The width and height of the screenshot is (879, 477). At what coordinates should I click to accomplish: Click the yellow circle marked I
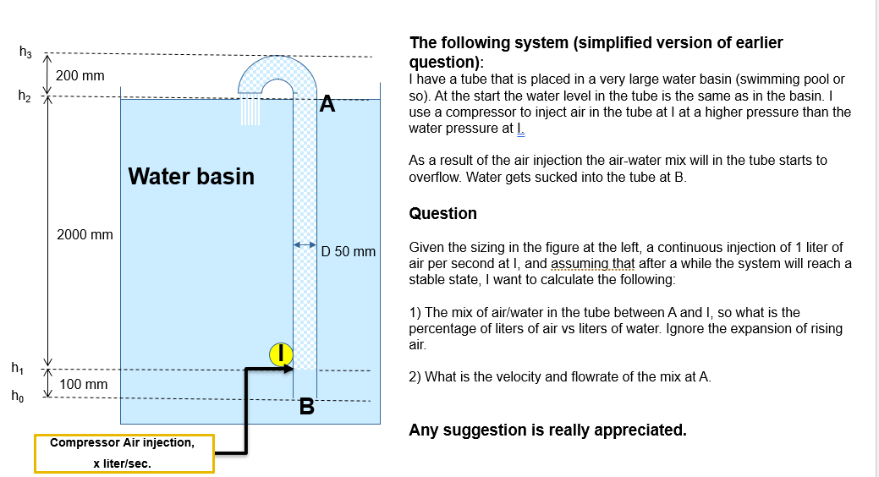point(281,354)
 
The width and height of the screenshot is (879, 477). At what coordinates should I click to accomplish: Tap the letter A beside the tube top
point(328,105)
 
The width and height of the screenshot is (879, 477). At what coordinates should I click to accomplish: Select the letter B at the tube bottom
point(307,408)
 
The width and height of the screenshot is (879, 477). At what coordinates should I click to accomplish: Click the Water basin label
point(191,176)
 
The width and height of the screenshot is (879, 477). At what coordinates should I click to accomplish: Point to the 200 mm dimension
point(80,76)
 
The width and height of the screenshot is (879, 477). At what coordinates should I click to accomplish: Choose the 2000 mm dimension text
point(85,234)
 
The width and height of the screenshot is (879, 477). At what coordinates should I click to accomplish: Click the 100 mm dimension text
point(84,385)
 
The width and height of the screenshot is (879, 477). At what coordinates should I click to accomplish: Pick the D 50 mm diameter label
point(349,252)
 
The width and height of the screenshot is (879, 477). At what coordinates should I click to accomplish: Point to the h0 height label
point(17,396)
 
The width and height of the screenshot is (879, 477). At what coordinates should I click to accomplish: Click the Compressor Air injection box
point(124,453)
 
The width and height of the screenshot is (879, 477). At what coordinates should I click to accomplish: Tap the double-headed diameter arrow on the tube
point(305,245)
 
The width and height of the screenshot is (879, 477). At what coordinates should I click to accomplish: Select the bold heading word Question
point(442,214)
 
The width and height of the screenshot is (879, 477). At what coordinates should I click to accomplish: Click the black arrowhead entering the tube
point(288,369)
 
